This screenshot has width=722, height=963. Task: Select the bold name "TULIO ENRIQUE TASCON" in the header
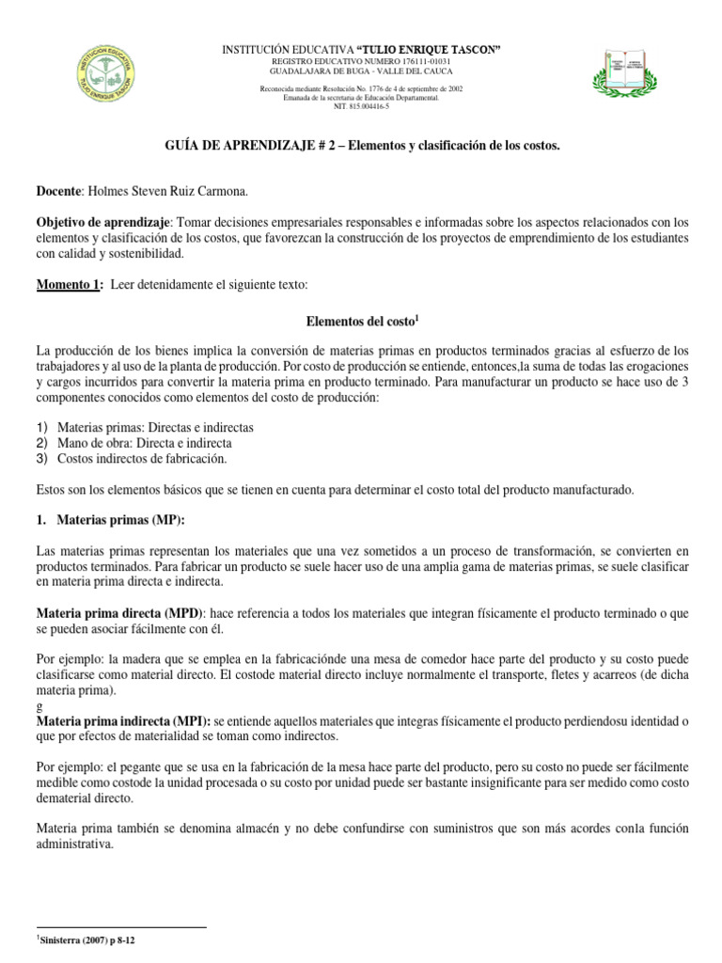tap(428, 48)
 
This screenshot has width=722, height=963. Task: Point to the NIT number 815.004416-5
tap(361, 106)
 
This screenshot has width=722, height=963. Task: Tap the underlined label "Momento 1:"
tap(68, 285)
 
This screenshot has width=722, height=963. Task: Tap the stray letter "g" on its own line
tap(39, 704)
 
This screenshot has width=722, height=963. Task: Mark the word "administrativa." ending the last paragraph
tap(75, 845)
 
